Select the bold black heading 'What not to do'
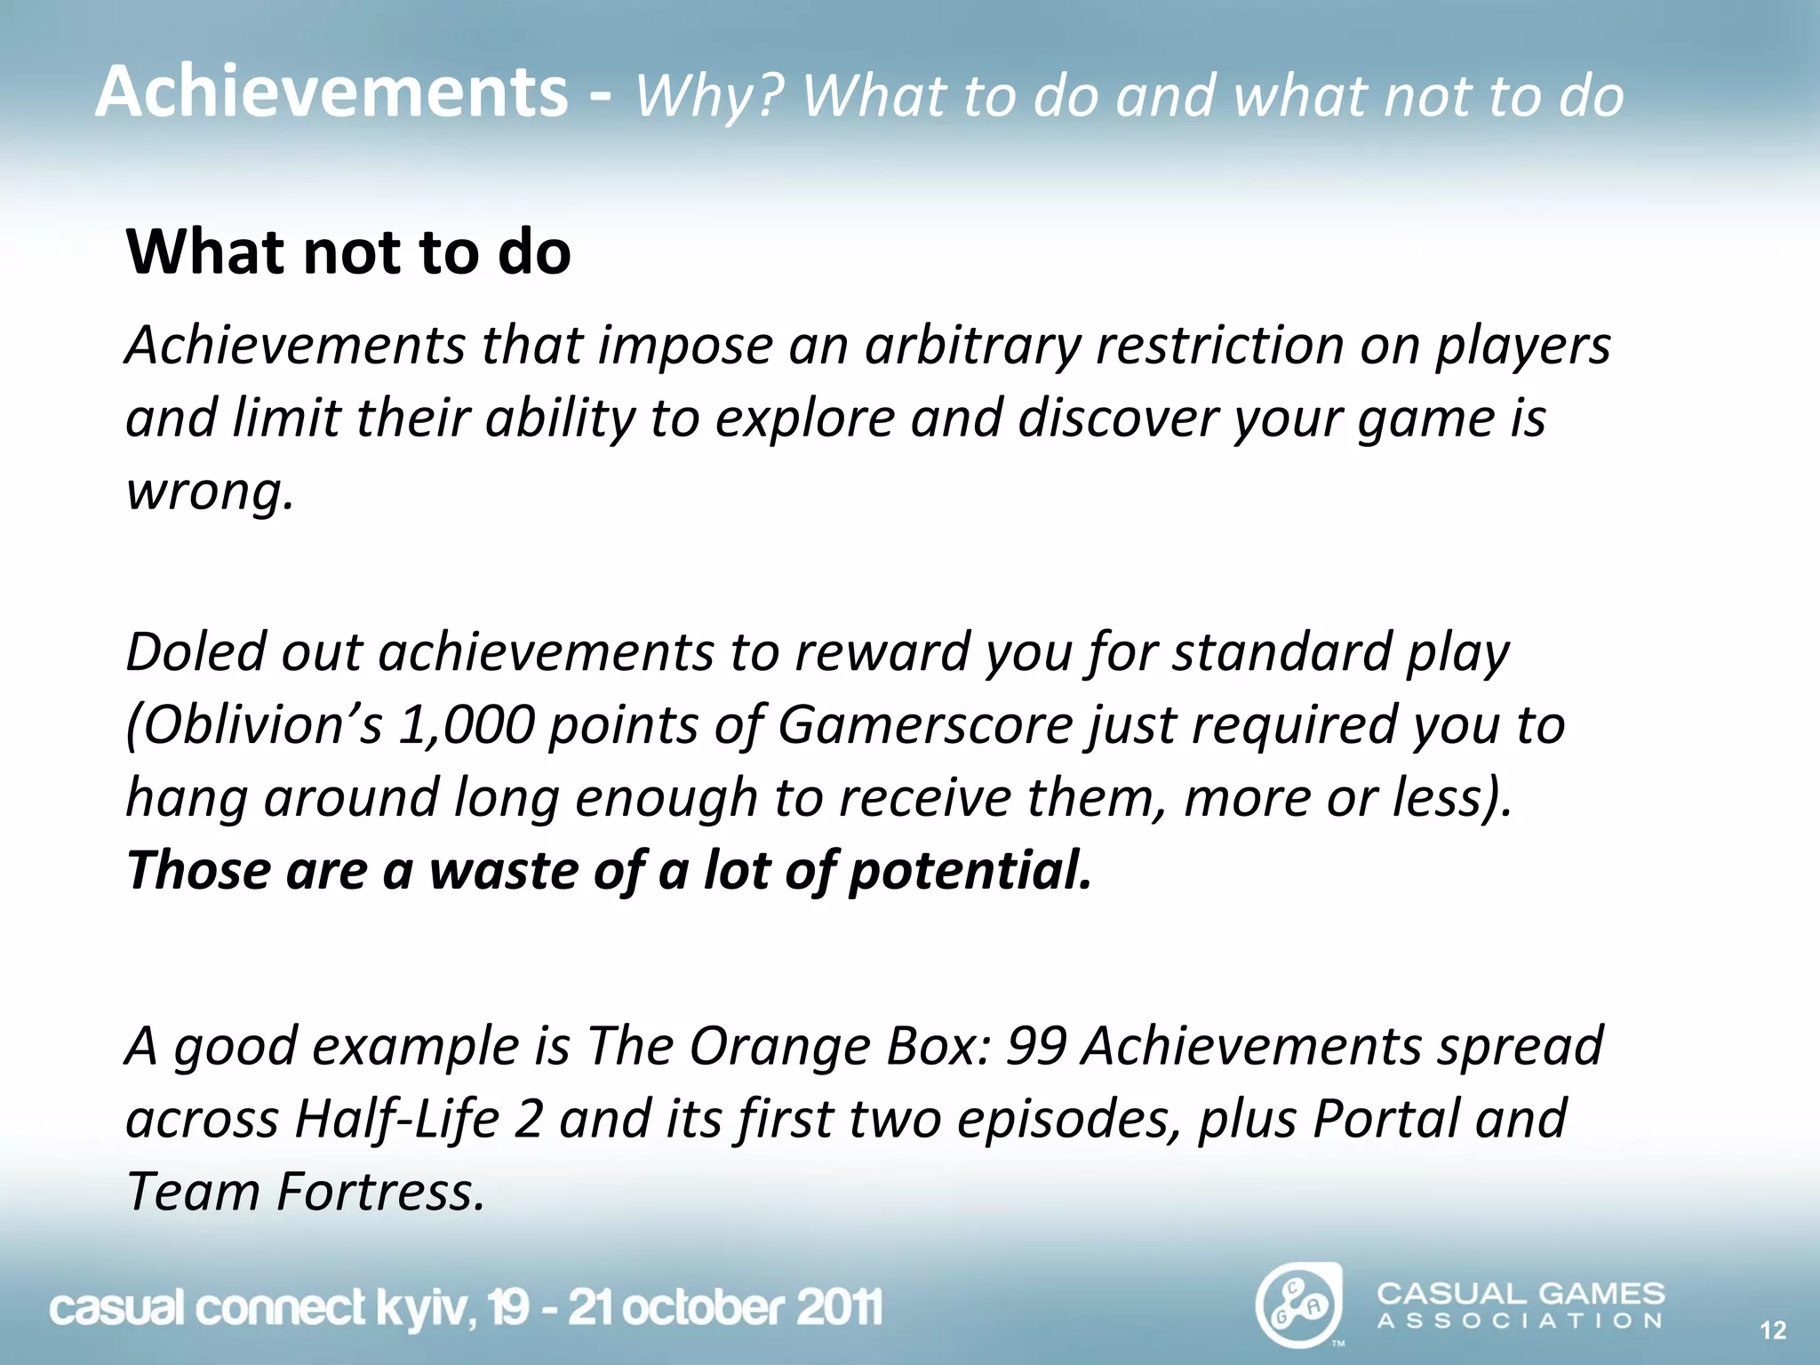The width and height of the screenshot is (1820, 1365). point(348,252)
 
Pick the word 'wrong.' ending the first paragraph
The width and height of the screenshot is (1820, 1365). point(210,491)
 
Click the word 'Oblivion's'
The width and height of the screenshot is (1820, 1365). point(254,725)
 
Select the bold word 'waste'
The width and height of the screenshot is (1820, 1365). point(503,870)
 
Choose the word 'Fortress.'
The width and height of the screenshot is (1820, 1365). point(381,1192)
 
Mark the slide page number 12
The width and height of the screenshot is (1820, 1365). point(1773,1330)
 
